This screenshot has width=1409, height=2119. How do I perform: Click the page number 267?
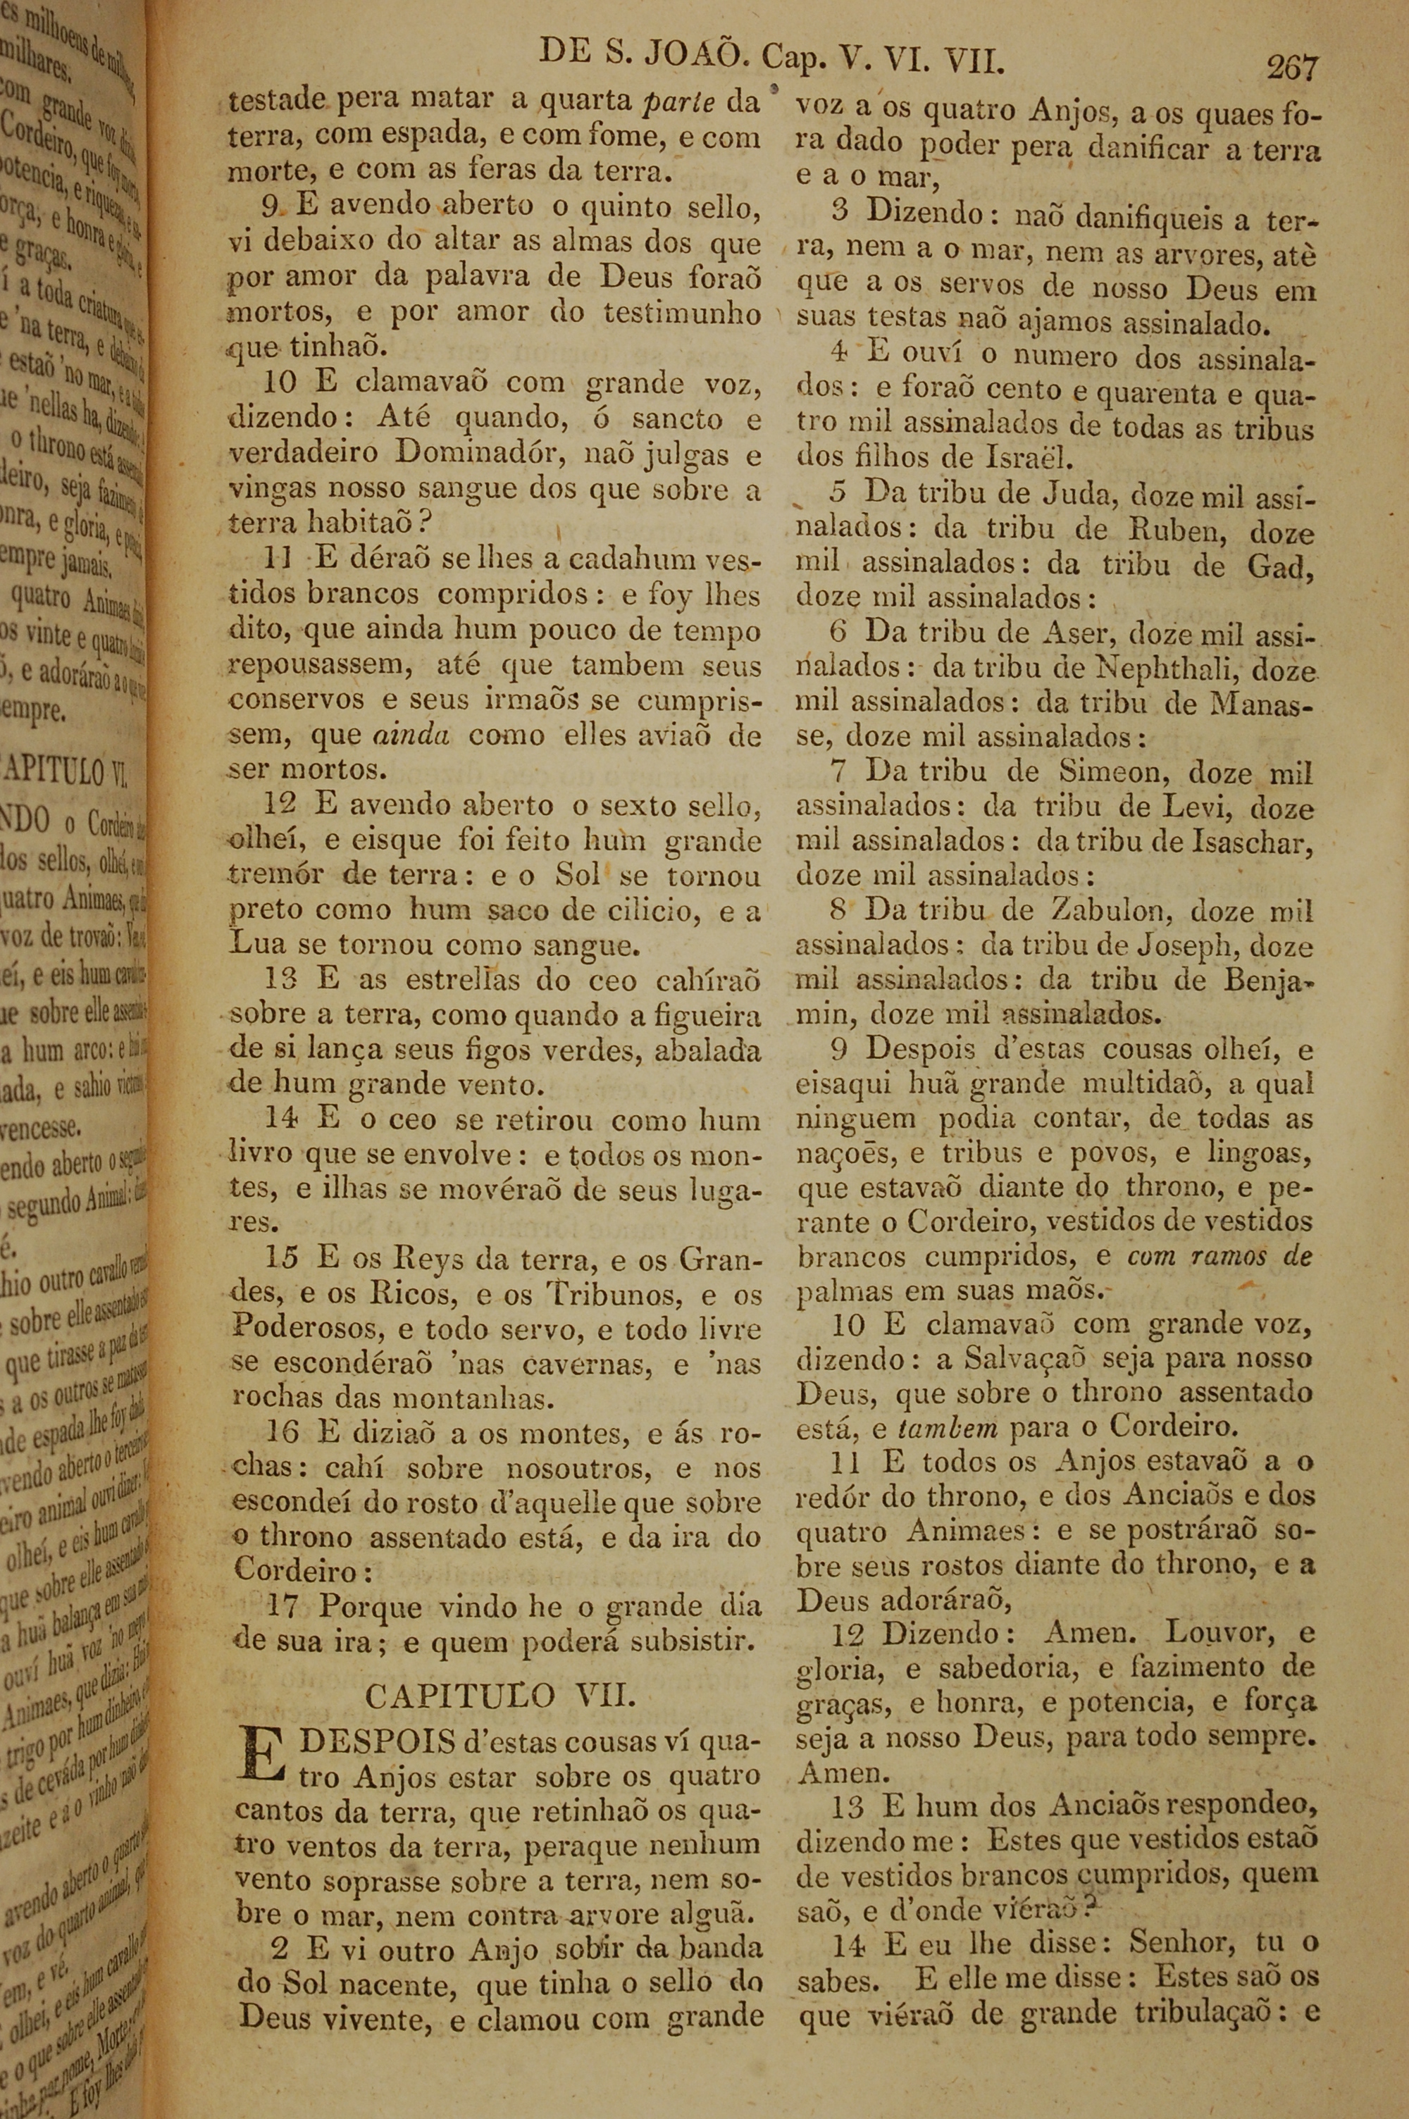1291,68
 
